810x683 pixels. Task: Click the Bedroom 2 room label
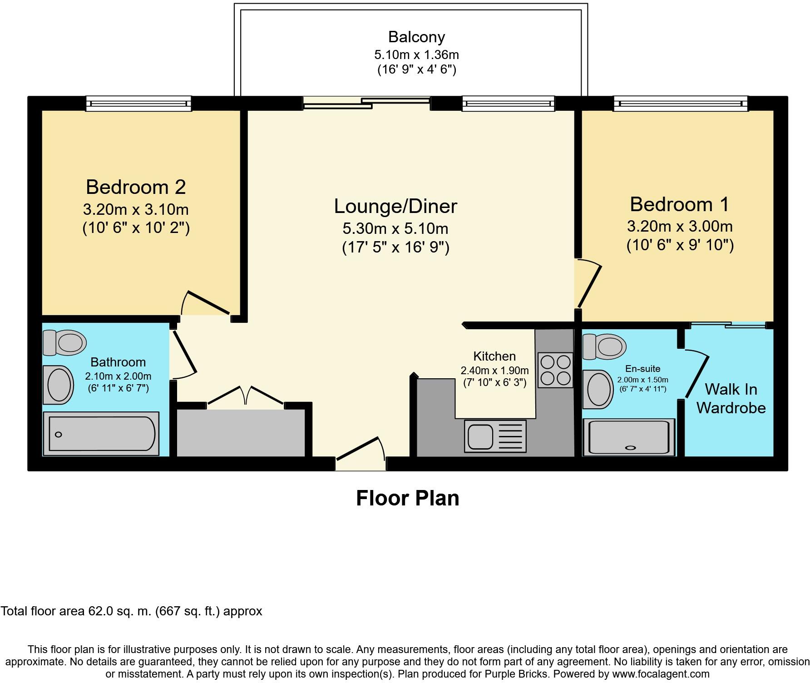click(x=136, y=187)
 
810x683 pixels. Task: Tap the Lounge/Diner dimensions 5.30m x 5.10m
click(x=395, y=228)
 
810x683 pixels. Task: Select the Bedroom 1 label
click(x=679, y=204)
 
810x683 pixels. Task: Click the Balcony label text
click(x=416, y=37)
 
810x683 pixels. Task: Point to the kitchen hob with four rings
click(x=555, y=370)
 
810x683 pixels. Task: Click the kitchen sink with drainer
click(x=495, y=436)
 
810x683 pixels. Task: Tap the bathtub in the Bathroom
click(x=101, y=434)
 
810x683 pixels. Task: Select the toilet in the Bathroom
click(x=65, y=342)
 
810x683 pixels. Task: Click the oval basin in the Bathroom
click(x=59, y=385)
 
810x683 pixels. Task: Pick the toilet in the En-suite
click(x=604, y=346)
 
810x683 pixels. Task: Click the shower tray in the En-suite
click(x=629, y=437)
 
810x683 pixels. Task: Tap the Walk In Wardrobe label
click(x=731, y=398)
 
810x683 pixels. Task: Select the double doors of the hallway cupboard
click(x=246, y=395)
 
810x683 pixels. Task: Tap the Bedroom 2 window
click(x=138, y=104)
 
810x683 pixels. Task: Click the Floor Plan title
click(x=407, y=498)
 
